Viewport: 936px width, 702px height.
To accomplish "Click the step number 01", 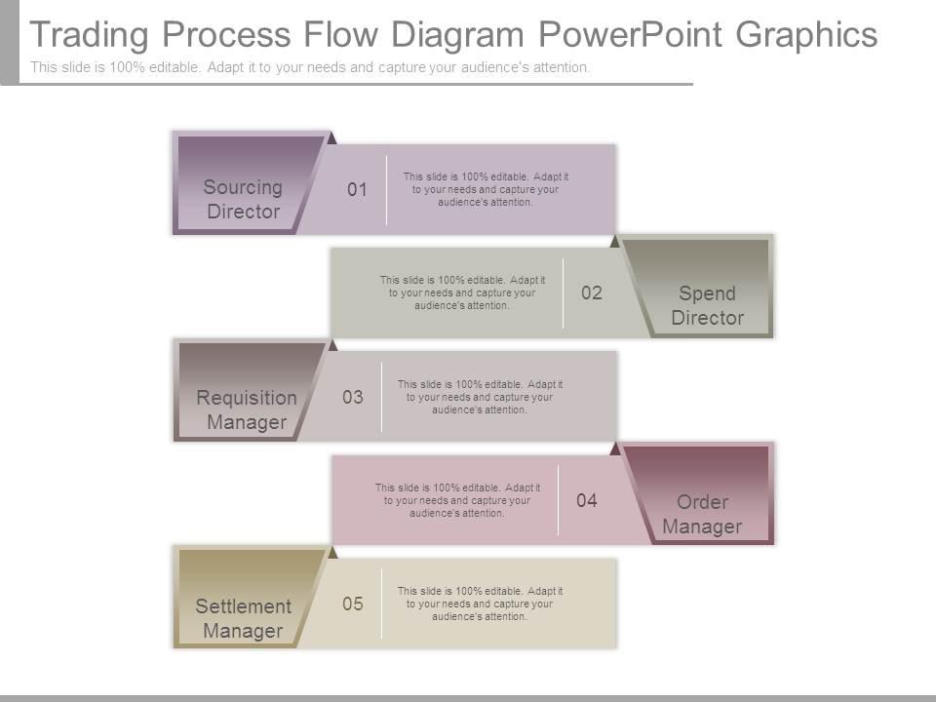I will coord(358,190).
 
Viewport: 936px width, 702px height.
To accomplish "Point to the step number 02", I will coord(592,293).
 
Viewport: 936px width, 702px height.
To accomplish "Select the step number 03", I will coord(353,398).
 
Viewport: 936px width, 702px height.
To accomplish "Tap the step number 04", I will coord(587,501).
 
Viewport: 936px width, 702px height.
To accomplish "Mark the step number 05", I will coord(353,604).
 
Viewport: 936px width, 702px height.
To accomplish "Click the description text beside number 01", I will coord(486,189).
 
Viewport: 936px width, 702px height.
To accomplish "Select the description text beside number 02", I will coord(462,292).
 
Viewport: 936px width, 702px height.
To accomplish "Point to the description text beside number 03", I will coord(480,397).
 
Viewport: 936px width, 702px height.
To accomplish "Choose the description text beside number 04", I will coord(457,500).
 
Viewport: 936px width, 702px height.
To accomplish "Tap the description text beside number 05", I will coord(480,604).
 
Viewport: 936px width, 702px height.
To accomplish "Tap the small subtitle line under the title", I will coord(310,67).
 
